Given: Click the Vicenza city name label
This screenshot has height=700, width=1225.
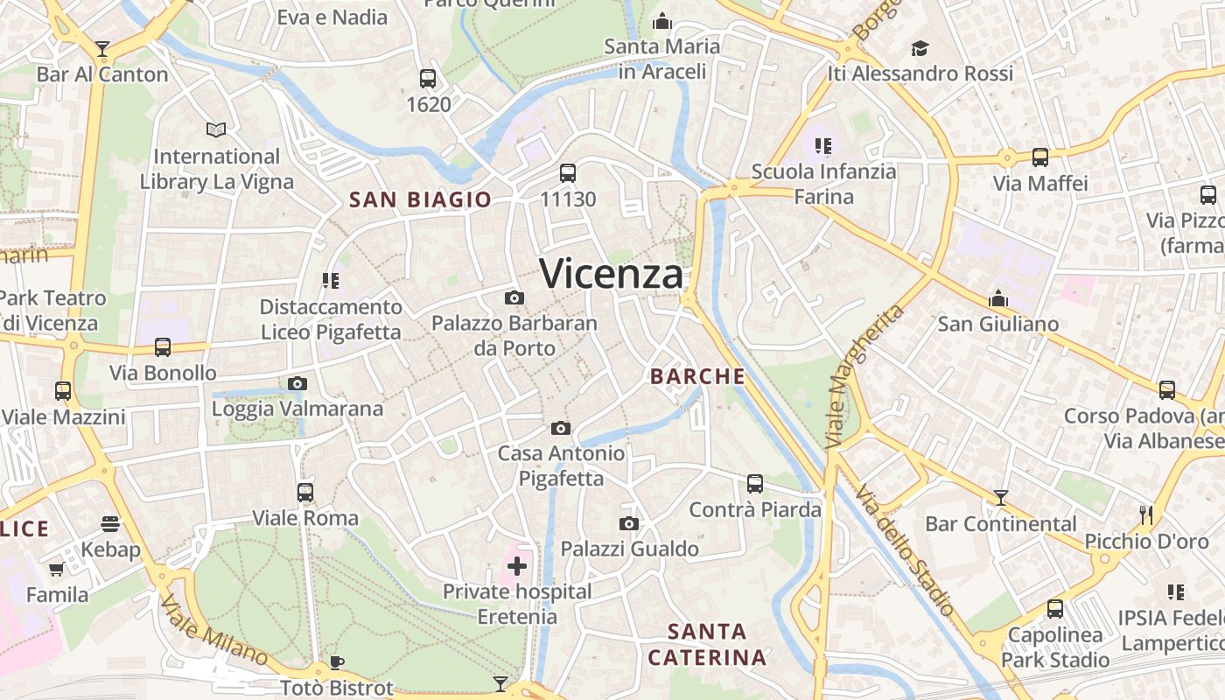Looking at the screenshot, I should point(611,274).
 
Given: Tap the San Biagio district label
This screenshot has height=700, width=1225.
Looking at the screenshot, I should point(420,199).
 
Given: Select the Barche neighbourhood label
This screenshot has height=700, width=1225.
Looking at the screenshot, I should point(697,376).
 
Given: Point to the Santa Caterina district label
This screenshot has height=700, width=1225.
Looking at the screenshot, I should point(707,644).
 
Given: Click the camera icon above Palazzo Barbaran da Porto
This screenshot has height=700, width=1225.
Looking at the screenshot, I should point(514,297).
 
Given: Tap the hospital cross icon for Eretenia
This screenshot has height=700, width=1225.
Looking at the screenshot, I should point(517,566).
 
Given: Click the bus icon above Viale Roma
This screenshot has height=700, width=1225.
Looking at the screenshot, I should point(305,492).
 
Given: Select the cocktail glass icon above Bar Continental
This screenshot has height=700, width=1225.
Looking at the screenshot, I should point(1001,498).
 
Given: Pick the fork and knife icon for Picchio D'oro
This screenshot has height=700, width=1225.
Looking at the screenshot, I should point(1146,514).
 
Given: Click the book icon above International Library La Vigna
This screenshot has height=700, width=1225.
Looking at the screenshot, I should point(216,129).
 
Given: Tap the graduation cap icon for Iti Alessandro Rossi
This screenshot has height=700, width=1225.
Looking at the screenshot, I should point(920,47).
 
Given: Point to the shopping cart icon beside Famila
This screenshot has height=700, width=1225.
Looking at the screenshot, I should point(57,569).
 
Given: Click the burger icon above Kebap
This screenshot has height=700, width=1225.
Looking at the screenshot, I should point(110,523).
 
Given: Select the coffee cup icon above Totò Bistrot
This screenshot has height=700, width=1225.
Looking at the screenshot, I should point(337,662).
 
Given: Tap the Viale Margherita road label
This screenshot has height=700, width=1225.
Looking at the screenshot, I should point(864,376).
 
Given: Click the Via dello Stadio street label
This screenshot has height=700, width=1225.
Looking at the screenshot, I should point(906,549).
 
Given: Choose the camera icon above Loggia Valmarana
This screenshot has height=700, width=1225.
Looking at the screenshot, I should point(297,383).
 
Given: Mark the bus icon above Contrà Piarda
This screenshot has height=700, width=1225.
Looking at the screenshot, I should point(755,483).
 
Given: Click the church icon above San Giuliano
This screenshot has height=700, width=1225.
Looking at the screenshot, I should point(998,298).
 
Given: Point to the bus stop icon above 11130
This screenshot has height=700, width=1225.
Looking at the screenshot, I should point(568,172).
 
